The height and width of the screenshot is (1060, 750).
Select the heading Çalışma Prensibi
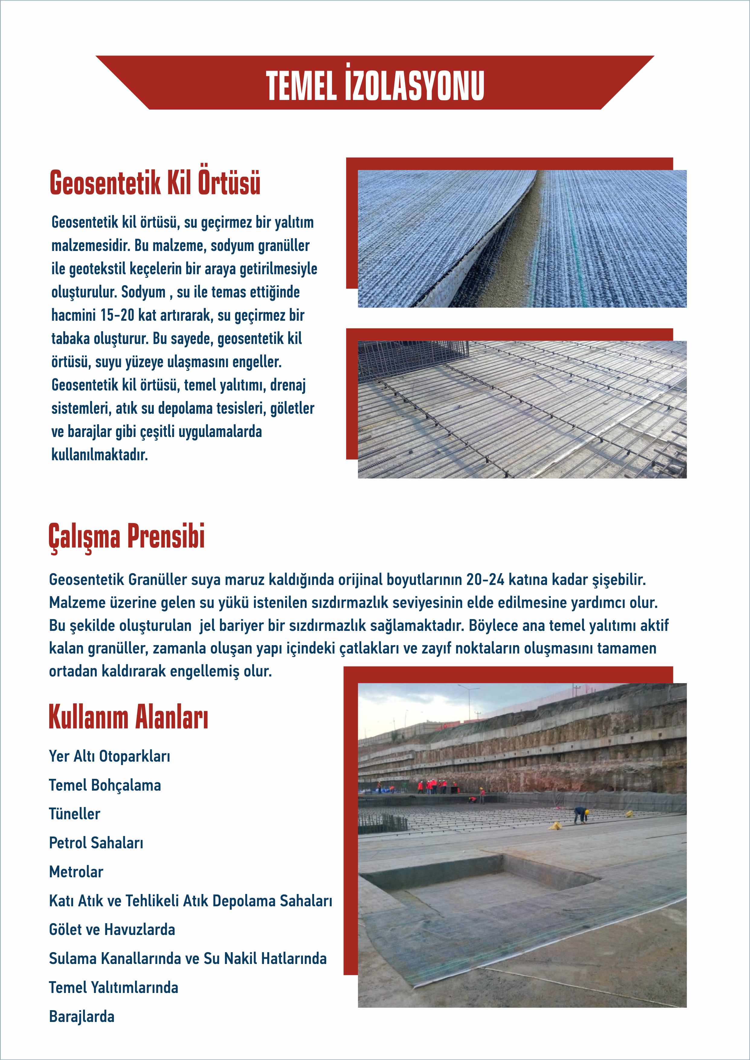click(x=127, y=536)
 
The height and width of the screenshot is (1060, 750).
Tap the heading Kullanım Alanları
click(x=128, y=718)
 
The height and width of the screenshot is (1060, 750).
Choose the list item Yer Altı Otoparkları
click(x=109, y=756)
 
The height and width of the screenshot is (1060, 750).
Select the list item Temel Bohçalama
click(x=105, y=785)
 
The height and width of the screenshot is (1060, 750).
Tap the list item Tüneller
click(x=74, y=814)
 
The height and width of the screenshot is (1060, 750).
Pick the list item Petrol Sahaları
click(x=96, y=843)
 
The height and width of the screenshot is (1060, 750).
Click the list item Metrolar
click(x=76, y=872)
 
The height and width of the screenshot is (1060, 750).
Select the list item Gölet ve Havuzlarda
click(x=112, y=929)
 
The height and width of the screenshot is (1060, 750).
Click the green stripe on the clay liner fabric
click(x=573, y=240)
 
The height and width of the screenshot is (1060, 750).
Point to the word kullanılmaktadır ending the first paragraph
click(x=100, y=455)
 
